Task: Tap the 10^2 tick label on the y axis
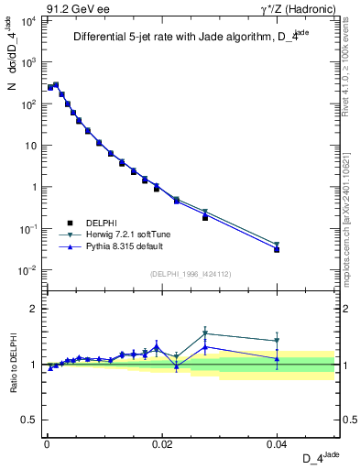[27, 104]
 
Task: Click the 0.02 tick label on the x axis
[162, 442]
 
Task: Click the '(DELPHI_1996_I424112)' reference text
[190, 273]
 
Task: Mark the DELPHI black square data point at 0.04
[277, 249]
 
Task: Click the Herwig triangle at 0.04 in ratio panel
[277, 341]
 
